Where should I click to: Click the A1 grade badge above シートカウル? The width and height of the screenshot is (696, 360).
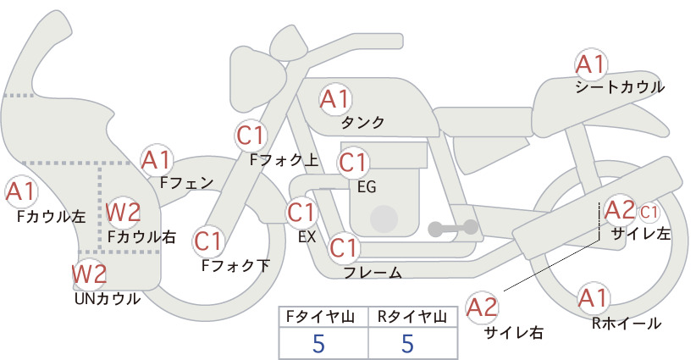point(591,64)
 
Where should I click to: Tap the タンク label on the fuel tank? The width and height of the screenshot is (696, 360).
point(362,122)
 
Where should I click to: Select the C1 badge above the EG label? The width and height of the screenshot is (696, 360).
point(352,163)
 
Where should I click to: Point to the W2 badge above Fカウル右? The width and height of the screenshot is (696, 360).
point(124,212)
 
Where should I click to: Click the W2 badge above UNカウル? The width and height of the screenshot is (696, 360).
point(89,274)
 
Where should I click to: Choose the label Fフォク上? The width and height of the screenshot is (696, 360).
point(284,160)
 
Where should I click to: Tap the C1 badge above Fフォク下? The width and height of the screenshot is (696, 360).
point(208,241)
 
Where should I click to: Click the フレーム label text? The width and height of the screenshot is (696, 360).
point(373,273)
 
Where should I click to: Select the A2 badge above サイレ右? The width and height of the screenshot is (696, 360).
point(483,307)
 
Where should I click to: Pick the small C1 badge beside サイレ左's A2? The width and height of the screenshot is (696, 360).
point(649,213)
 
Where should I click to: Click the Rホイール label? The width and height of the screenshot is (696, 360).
point(627,324)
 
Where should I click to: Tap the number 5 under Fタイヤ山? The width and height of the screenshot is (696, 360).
point(318,343)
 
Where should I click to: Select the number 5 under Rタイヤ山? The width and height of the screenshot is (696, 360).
point(407,343)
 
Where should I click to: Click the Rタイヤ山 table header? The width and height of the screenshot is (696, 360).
point(412,317)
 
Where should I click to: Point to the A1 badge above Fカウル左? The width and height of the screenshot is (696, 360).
point(21,191)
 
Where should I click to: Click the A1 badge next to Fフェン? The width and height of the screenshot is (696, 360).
point(157,160)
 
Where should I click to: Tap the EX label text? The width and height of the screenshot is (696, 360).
point(307,237)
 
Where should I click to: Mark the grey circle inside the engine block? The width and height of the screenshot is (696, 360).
point(384,219)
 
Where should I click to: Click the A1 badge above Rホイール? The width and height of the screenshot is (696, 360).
point(593,298)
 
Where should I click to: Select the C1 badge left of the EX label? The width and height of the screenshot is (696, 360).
point(301,212)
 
